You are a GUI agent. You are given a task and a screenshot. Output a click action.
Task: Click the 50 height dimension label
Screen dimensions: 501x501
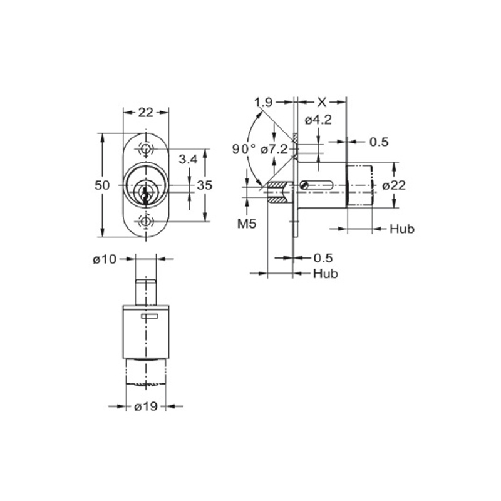pyautogui.click(x=102, y=185)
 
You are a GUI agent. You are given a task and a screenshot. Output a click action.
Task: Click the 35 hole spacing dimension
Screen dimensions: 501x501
pyautogui.click(x=205, y=185)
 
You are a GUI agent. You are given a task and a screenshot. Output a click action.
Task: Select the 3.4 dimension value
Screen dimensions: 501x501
pyautogui.click(x=189, y=159)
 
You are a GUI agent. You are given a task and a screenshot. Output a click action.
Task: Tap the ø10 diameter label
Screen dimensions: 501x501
pyautogui.click(x=105, y=259)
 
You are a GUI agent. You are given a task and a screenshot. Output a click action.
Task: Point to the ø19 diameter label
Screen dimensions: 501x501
pyautogui.click(x=146, y=406)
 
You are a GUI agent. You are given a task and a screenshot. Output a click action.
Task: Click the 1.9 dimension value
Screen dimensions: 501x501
pyautogui.click(x=263, y=103)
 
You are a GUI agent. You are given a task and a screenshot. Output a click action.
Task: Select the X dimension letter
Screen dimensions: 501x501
pyautogui.click(x=322, y=103)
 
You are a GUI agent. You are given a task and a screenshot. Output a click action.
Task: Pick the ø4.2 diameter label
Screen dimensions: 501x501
pyautogui.click(x=318, y=120)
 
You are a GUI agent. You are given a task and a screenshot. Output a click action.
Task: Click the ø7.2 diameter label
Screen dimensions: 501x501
pyautogui.click(x=274, y=149)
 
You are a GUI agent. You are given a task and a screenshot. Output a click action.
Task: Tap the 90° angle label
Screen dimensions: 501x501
pyautogui.click(x=244, y=149)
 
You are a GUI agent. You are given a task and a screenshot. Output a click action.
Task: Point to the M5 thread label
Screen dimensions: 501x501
pyautogui.click(x=247, y=224)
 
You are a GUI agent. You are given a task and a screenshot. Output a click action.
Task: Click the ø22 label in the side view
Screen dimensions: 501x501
pyautogui.click(x=394, y=185)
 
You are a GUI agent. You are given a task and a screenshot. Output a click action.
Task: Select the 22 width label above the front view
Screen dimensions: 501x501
pyautogui.click(x=146, y=113)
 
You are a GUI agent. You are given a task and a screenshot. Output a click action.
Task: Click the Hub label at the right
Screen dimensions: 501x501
pyautogui.click(x=402, y=229)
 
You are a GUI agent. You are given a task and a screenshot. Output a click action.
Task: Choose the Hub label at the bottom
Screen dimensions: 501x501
pyautogui.click(x=326, y=274)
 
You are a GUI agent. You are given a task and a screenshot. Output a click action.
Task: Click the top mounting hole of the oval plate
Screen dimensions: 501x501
pyautogui.click(x=146, y=149)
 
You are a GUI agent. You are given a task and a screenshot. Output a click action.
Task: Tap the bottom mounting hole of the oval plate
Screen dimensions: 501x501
pyautogui.click(x=146, y=222)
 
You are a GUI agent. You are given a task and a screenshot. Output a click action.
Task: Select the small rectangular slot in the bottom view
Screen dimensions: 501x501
pyautogui.click(x=149, y=316)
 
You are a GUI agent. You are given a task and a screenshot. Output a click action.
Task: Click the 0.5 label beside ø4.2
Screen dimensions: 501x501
pyautogui.click(x=379, y=142)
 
